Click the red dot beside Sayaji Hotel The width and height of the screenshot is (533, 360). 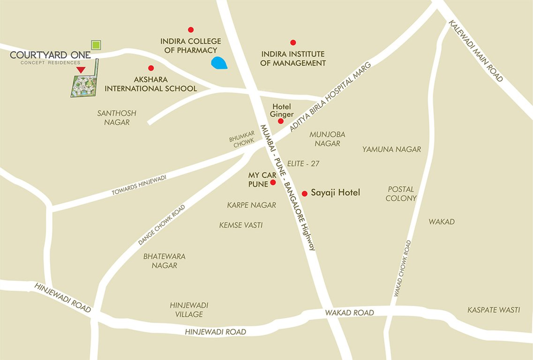coord(304,194)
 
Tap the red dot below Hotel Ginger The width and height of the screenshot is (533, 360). coord(280,121)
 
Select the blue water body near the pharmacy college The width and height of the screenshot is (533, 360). coord(219,63)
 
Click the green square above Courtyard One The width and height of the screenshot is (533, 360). coord(96,45)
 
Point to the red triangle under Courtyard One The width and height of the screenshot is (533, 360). coord(81,70)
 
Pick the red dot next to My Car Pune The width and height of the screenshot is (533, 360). coord(273,183)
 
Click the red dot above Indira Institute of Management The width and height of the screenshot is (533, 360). coord(293,43)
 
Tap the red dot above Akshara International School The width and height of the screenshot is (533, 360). coord(151,68)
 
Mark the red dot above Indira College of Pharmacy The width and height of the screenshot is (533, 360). coord(191,30)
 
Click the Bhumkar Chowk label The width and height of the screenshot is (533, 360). coord(242,140)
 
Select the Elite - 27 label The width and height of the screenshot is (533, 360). coord(303,164)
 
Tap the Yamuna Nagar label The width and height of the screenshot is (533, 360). coord(391,150)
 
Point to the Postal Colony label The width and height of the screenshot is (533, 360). coord(401,194)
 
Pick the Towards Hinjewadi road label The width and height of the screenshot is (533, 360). coord(139,184)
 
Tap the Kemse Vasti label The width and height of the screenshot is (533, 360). coord(241,225)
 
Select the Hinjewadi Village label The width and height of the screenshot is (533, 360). coord(189,309)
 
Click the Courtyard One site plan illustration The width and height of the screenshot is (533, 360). coord(84,83)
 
